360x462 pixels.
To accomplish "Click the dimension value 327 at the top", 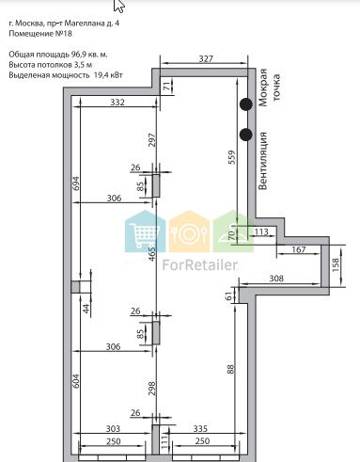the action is click(206, 58).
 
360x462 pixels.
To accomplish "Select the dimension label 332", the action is click(117, 103).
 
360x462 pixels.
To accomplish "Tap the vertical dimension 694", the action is click(76, 184).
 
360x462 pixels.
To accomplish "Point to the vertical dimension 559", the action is click(232, 157).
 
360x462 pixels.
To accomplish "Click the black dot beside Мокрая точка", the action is click(246, 104).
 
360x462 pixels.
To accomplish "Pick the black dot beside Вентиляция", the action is click(246, 135).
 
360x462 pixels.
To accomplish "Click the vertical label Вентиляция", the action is click(263, 161).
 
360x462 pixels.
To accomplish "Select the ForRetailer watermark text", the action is click(199, 265).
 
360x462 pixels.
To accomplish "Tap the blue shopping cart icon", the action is click(145, 231).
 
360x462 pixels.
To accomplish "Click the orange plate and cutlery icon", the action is click(189, 231).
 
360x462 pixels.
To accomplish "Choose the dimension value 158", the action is click(336, 265).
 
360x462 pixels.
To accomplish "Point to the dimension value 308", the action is click(276, 279).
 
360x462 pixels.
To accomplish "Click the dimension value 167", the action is click(299, 249).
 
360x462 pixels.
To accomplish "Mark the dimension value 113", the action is click(261, 231).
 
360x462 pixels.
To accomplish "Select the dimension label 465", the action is click(151, 254).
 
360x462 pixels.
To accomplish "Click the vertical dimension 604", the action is click(76, 381).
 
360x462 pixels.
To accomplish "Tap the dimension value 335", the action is click(200, 428).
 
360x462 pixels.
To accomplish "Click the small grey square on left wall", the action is click(75, 287).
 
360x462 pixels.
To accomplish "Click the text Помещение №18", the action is click(40, 33).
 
